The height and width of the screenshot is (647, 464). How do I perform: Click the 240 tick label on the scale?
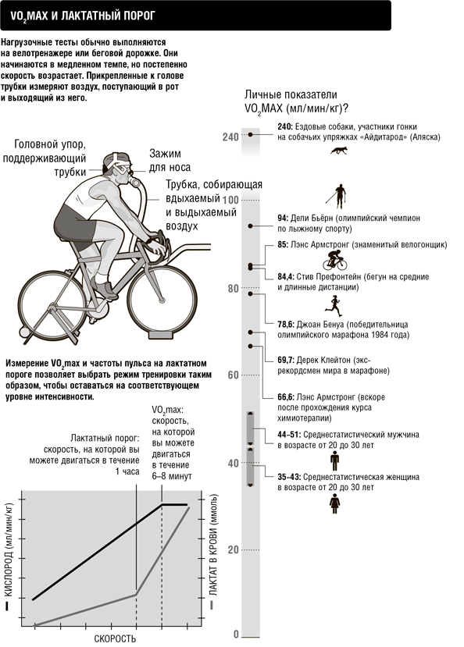tap(230, 137)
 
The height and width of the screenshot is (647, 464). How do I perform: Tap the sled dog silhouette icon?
tap(339, 150)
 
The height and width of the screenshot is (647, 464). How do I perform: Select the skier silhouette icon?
tap(337, 197)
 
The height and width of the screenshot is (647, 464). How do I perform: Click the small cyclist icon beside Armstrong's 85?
tap(335, 261)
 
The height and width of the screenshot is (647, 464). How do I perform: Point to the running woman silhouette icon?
tap(333, 305)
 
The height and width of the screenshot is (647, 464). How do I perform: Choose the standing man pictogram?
tap(334, 461)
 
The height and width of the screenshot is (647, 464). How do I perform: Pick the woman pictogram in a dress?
tap(335, 504)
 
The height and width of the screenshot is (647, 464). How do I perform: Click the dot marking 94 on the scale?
tap(250, 226)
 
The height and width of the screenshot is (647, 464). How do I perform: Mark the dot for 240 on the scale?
tap(250, 134)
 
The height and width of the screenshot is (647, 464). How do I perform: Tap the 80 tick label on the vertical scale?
tap(234, 288)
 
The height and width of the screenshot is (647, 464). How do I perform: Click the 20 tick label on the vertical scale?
tap(234, 549)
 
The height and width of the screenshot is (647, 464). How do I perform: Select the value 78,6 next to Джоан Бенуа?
tap(286, 325)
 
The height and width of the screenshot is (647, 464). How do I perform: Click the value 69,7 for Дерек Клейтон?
tap(286, 361)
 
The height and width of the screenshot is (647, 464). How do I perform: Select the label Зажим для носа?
tap(170, 161)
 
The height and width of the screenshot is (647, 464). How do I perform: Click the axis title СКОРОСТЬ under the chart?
tap(115, 638)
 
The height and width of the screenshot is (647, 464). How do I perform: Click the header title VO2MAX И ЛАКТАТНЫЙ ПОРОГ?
tap(82, 16)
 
